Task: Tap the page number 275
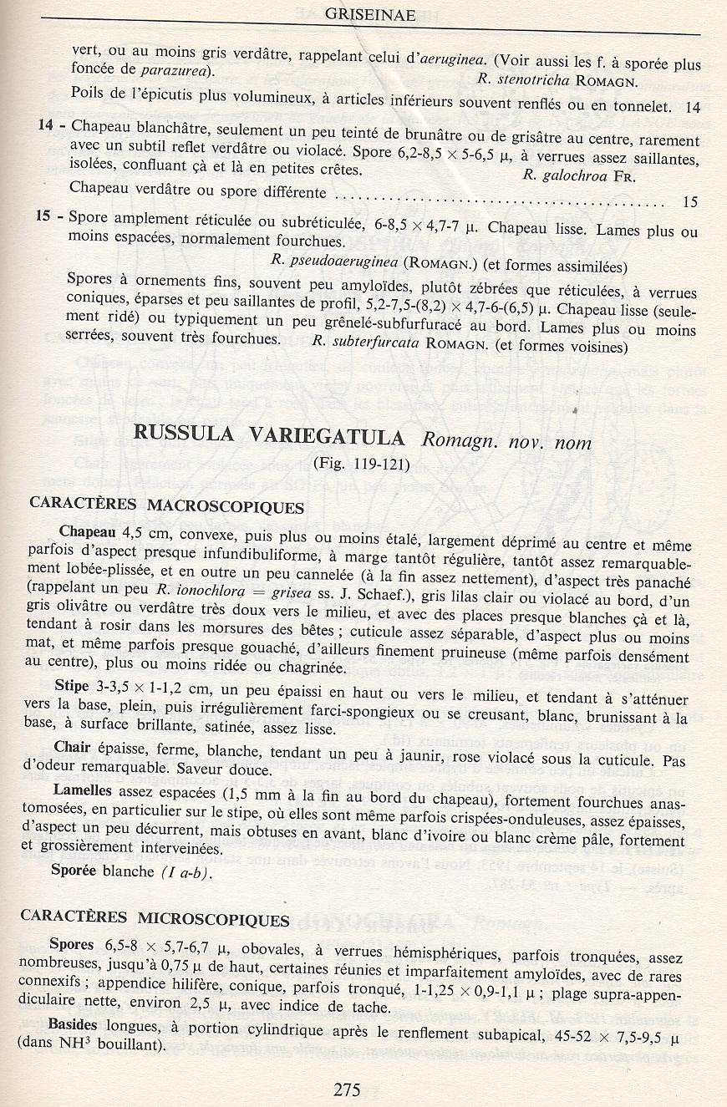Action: tap(346, 1089)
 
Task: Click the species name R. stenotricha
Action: tap(523, 81)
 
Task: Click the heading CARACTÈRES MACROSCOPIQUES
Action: tap(167, 506)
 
